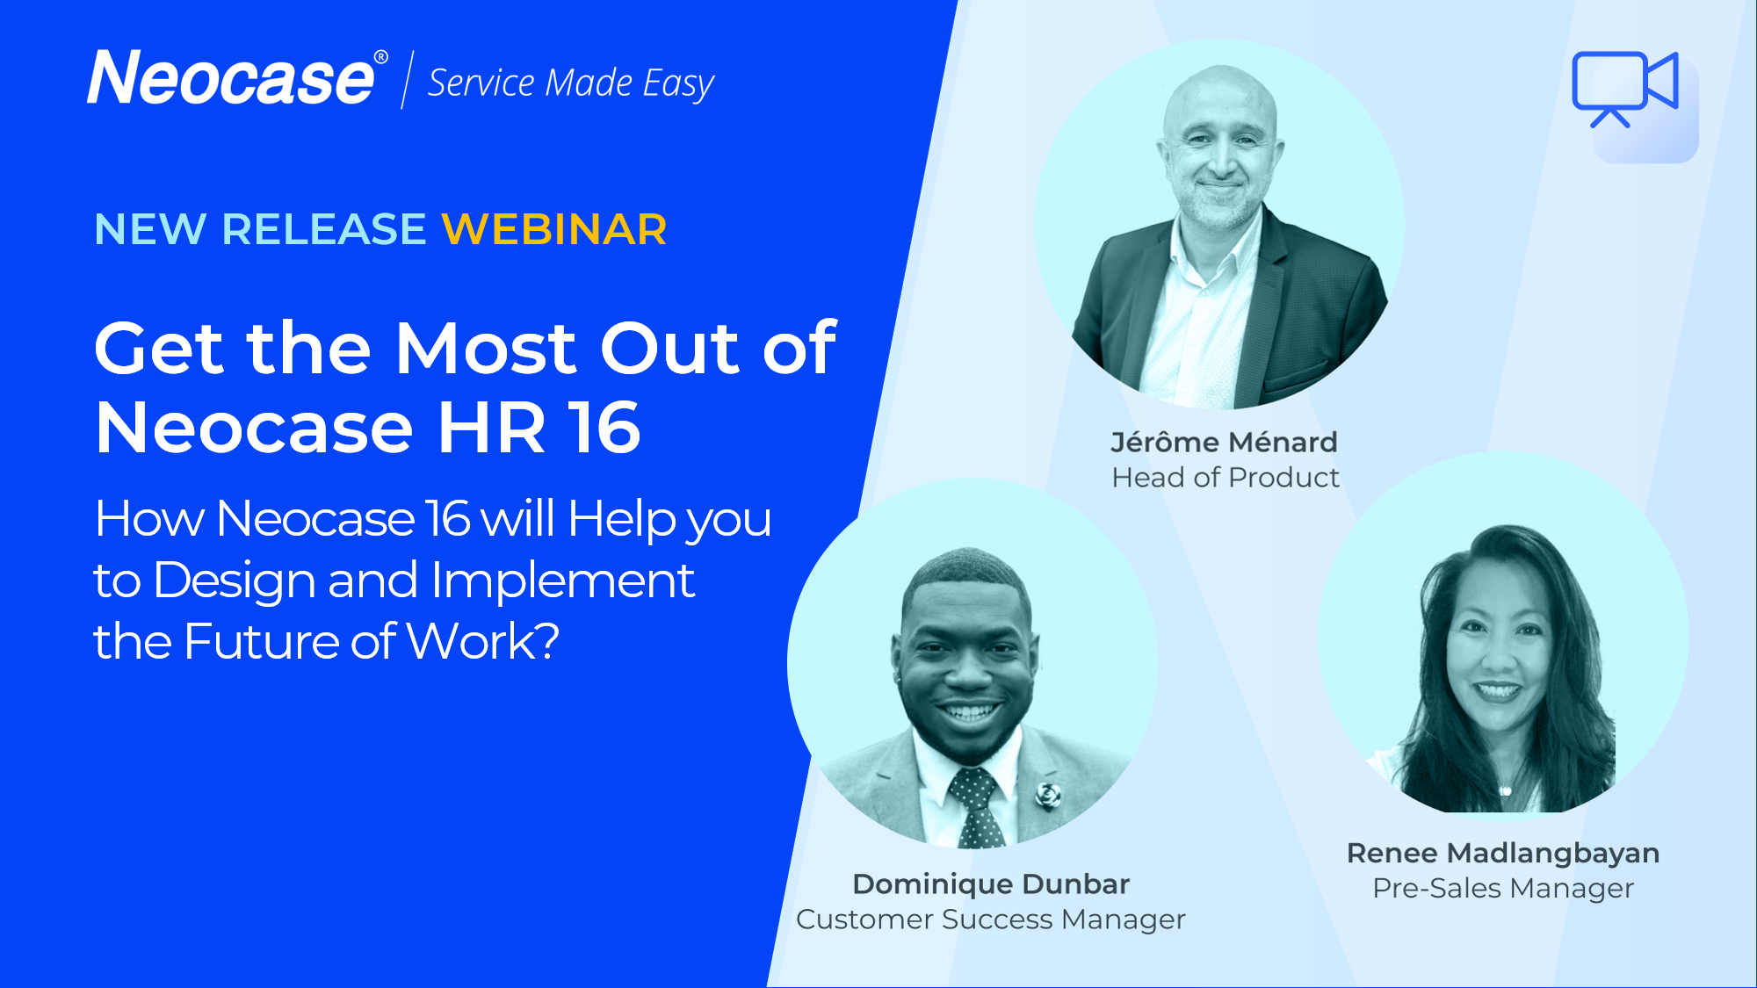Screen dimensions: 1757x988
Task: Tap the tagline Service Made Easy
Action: (571, 83)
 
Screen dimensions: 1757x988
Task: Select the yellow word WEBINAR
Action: (554, 229)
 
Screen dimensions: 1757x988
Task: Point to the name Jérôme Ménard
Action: (1224, 442)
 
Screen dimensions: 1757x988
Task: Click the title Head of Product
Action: (1226, 478)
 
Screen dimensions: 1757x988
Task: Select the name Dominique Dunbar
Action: (991, 883)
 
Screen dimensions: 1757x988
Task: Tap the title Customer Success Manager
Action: (991, 919)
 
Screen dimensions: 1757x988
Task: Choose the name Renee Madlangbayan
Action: (1503, 853)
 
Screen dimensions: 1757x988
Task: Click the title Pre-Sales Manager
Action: (1503, 889)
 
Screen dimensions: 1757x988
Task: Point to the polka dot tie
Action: (976, 807)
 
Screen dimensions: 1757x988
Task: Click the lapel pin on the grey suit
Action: (1047, 795)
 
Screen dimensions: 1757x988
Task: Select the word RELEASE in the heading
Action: (324, 229)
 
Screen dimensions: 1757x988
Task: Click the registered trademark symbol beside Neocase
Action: (381, 57)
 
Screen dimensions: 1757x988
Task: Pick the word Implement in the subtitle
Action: (563, 581)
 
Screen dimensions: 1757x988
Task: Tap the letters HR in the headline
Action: (491, 428)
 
